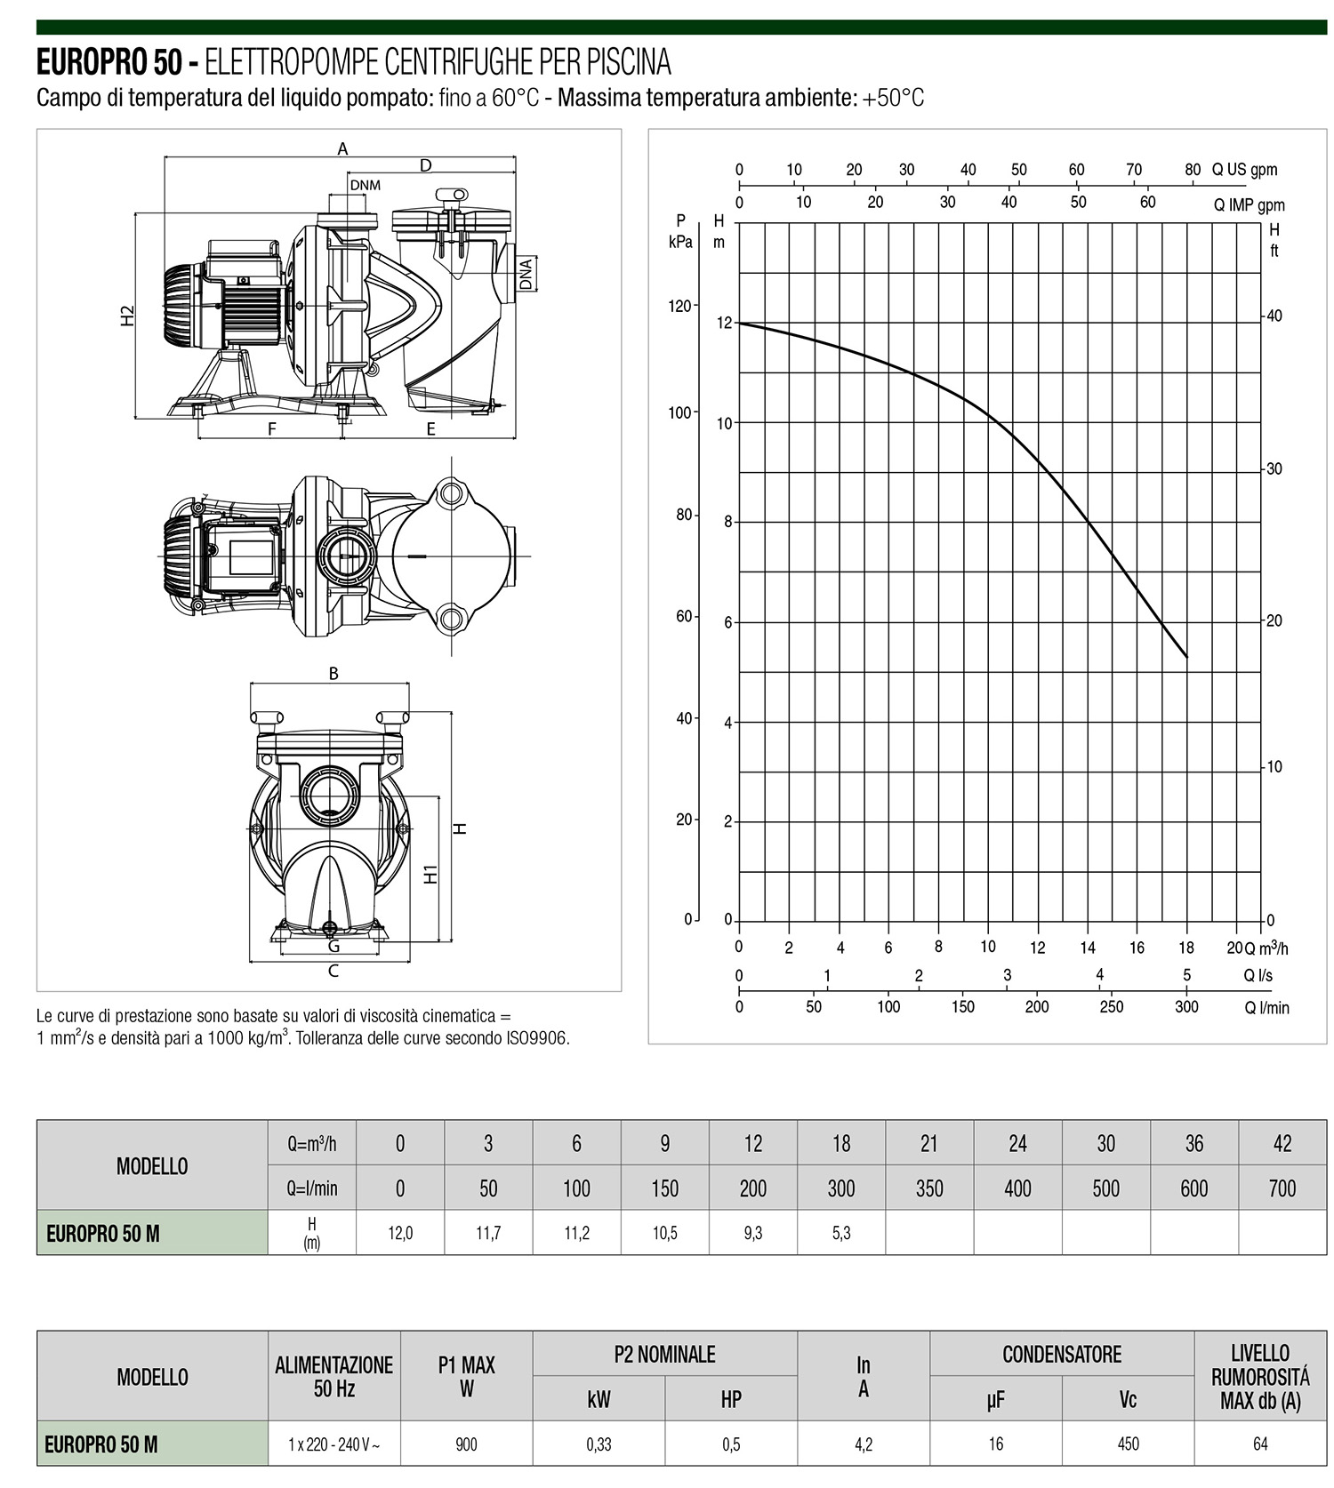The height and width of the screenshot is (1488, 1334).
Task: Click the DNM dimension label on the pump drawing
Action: (x=365, y=185)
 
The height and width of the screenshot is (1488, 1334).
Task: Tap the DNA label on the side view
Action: (x=526, y=274)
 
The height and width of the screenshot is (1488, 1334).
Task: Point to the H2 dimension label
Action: (x=128, y=315)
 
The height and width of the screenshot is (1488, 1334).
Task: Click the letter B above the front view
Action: (x=333, y=674)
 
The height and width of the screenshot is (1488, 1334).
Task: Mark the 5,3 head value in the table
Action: (x=840, y=1233)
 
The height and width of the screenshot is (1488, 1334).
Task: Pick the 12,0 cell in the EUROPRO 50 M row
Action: (x=400, y=1233)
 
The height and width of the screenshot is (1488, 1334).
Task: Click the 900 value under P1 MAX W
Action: (x=466, y=1444)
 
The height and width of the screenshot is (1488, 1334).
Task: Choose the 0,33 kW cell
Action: (x=599, y=1444)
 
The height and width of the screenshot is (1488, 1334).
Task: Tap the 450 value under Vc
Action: (x=1128, y=1444)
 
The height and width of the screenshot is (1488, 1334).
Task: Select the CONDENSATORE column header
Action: (x=1062, y=1354)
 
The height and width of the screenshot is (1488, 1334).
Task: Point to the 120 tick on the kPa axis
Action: (x=679, y=306)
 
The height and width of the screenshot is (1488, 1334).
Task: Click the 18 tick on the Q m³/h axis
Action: (x=1186, y=948)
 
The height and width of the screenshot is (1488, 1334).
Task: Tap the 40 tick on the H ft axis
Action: (x=1274, y=316)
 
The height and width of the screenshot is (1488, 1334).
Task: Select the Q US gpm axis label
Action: (x=1244, y=170)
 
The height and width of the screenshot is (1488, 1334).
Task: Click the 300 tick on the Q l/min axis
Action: (x=1186, y=1007)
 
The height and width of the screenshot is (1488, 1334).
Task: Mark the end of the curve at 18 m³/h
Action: (x=1186, y=657)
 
